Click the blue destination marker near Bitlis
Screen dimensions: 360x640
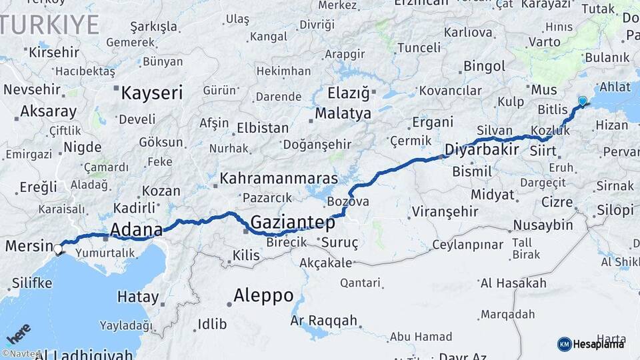[x=583, y=101]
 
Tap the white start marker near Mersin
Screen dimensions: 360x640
[x=58, y=249]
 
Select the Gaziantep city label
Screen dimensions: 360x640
[x=293, y=223]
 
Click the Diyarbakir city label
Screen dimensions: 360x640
[x=481, y=149]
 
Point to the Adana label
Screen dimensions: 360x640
[x=136, y=231]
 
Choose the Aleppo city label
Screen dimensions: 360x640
[x=263, y=295]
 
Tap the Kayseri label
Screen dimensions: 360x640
[x=151, y=93]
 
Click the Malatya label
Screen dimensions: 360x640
[x=343, y=113]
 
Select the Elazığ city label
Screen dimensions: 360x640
[x=349, y=93]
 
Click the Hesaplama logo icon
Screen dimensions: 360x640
[x=565, y=344]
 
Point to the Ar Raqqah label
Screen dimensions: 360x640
[x=324, y=321]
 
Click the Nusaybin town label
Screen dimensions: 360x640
[x=543, y=225]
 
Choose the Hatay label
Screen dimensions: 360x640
[x=138, y=297]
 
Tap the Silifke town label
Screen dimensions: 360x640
[x=31, y=283]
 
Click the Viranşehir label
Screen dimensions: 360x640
[x=445, y=211]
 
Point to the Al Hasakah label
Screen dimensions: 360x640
[x=513, y=283]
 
